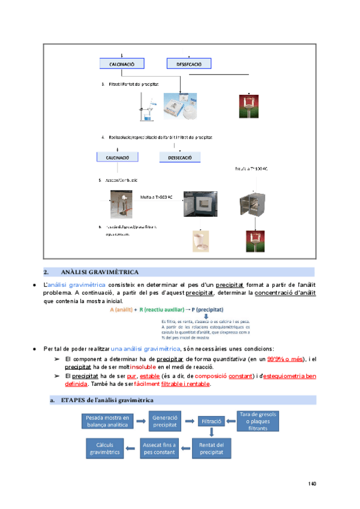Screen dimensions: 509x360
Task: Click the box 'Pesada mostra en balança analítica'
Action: pos(108,421)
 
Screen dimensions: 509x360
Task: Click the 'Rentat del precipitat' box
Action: pos(211,447)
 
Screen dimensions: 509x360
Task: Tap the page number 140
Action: pos(312,484)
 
